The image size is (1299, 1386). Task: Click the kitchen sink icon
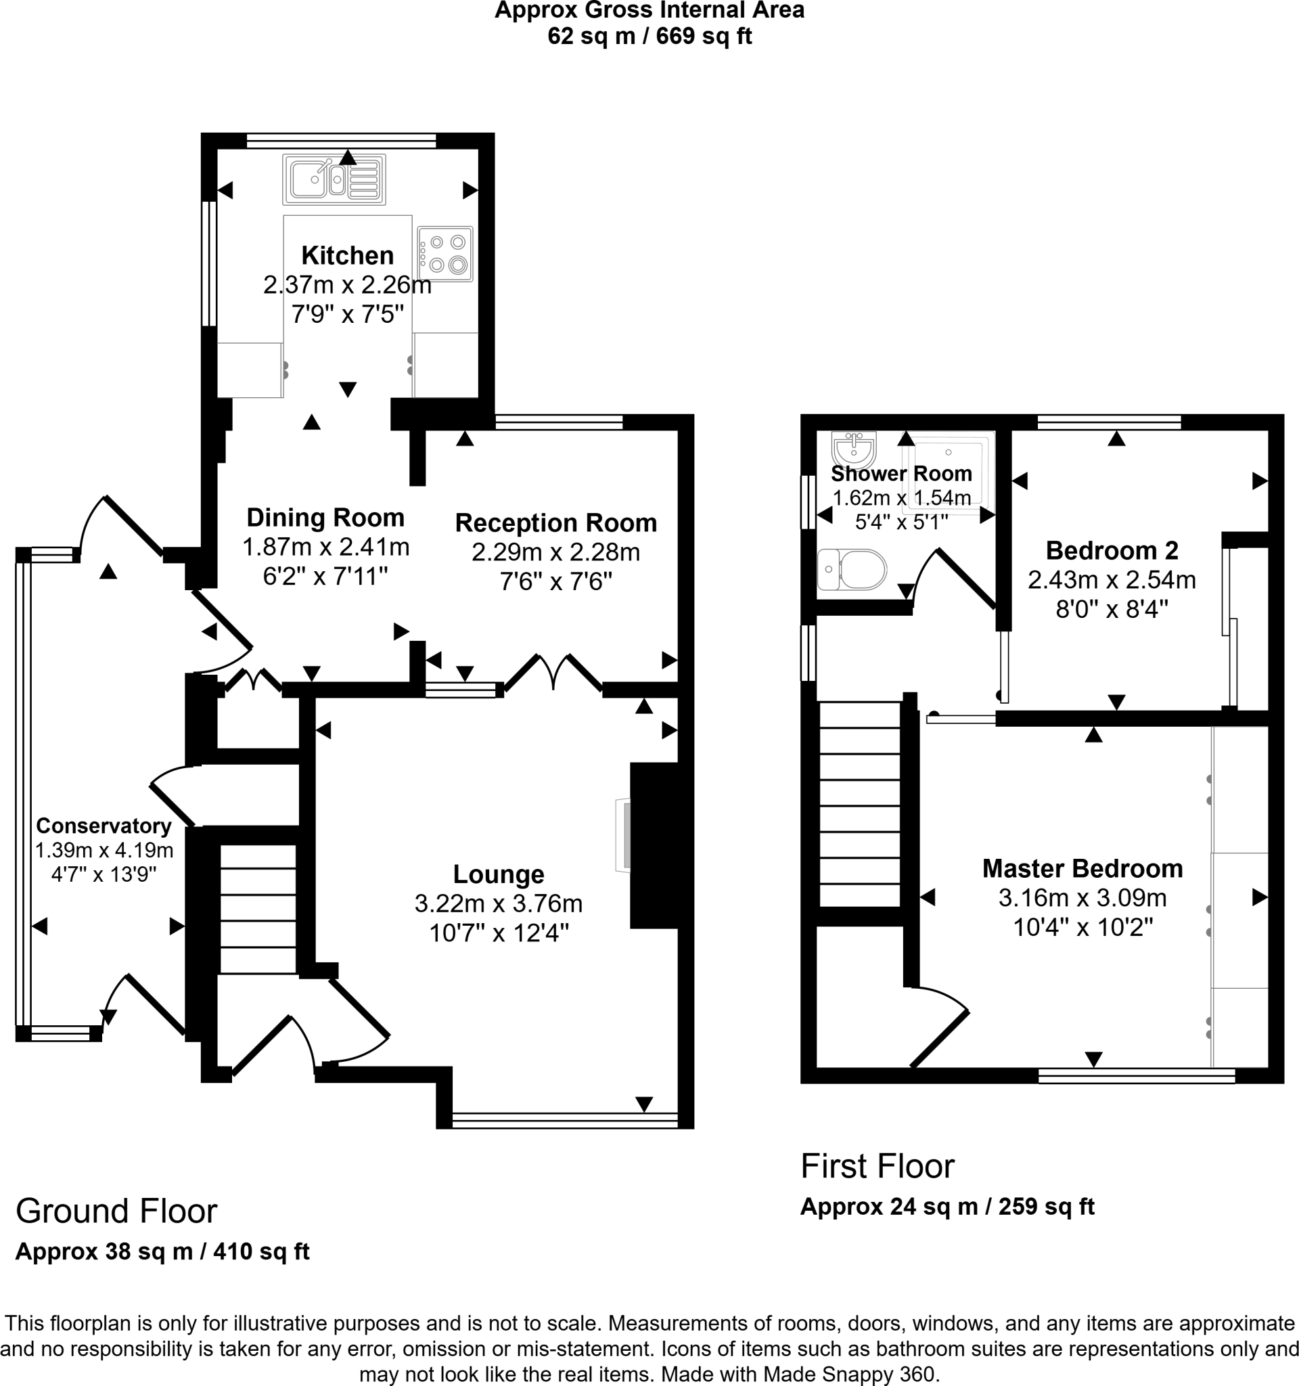point(334,180)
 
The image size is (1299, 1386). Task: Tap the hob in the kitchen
point(445,254)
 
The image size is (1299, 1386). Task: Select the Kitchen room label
point(347,255)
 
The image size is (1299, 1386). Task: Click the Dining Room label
point(325,517)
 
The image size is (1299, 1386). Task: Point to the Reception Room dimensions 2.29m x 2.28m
point(555,552)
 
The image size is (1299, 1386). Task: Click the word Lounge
point(498,874)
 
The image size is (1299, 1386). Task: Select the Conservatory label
point(104,826)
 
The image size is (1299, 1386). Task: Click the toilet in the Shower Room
point(852,570)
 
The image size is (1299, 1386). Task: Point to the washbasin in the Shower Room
point(854,449)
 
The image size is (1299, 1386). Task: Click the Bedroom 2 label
point(1112,551)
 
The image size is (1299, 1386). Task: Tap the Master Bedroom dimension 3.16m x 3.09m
point(1082,898)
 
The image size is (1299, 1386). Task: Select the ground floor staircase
point(258,909)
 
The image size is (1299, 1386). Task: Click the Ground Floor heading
point(116,1211)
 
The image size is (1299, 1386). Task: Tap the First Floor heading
point(878,1165)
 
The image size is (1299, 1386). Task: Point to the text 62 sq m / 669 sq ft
point(649,37)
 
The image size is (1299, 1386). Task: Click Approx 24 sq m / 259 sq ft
point(947,1206)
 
